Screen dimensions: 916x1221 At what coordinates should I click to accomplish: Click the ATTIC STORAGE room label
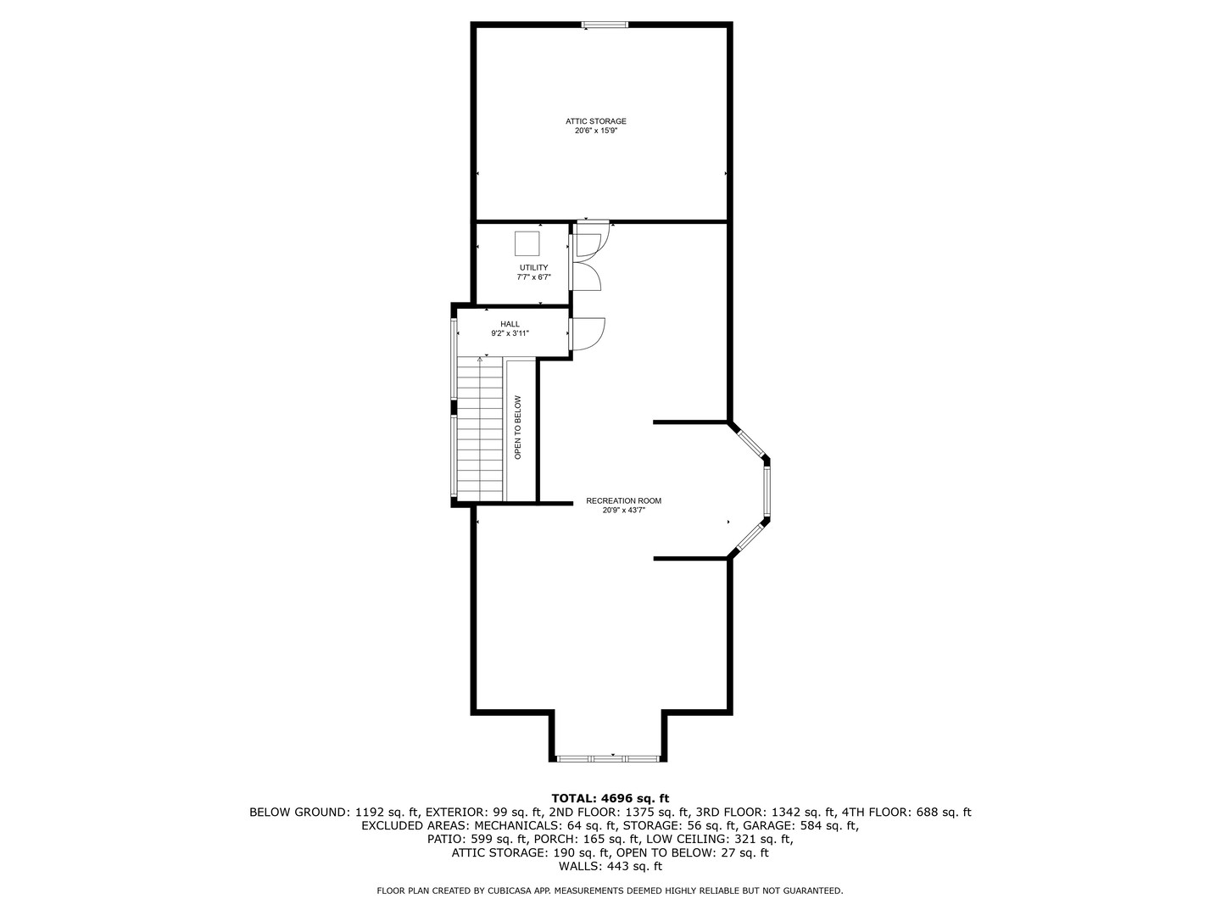[x=596, y=121]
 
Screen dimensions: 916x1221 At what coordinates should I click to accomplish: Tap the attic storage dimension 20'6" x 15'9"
[x=596, y=131]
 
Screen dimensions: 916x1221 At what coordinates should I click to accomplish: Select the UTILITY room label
[x=533, y=268]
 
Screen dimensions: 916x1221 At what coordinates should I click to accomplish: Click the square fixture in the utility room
[x=527, y=243]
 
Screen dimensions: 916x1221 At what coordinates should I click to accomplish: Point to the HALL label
[x=510, y=324]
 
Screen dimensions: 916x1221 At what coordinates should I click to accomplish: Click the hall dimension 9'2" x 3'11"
[x=510, y=334]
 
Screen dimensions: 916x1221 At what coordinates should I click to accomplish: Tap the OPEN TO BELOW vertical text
[x=518, y=427]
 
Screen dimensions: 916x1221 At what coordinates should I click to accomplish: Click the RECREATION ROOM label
[x=623, y=501]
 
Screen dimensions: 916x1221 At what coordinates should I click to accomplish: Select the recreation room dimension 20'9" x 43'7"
[x=623, y=511]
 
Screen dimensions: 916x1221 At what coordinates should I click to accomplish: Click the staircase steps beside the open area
[x=480, y=428]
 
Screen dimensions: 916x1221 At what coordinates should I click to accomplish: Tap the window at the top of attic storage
[x=605, y=25]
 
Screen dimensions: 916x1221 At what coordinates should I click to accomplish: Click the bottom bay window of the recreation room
[x=608, y=757]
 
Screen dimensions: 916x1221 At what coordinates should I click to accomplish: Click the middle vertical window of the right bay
[x=767, y=491]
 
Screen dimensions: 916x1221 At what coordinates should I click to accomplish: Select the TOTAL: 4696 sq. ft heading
[x=610, y=798]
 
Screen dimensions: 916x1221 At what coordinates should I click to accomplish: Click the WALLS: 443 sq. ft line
[x=610, y=867]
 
